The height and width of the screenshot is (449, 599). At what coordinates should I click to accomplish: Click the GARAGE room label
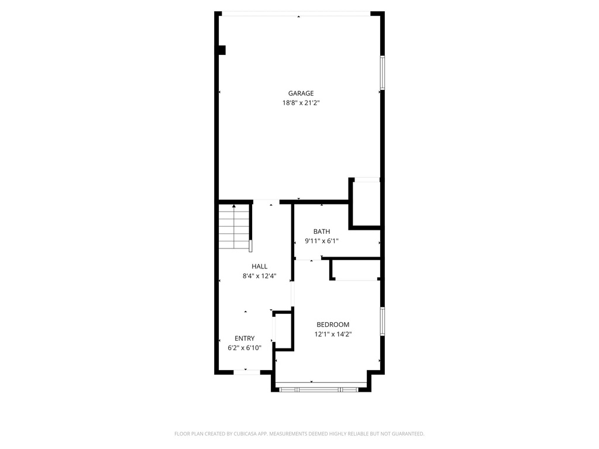301,93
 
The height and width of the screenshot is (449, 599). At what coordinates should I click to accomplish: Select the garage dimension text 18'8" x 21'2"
301,103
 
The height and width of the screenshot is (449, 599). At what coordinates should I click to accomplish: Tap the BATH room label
321,232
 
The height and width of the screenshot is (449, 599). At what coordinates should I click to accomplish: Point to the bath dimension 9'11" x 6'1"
321,241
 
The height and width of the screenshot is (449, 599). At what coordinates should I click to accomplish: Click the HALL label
259,267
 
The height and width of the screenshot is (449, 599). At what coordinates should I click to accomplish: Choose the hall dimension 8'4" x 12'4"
259,276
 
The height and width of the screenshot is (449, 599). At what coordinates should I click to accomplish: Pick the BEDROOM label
333,325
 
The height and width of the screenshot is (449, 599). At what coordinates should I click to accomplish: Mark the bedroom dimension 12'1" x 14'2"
333,334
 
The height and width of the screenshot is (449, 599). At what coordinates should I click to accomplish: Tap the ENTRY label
245,339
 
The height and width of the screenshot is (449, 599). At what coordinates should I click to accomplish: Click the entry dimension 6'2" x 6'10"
245,348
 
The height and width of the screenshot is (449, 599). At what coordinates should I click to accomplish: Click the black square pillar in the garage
222,50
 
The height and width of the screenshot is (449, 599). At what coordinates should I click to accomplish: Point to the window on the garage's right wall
382,72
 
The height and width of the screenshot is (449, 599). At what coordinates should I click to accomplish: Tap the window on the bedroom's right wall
382,322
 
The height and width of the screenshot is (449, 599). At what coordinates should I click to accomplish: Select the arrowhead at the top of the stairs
234,206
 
